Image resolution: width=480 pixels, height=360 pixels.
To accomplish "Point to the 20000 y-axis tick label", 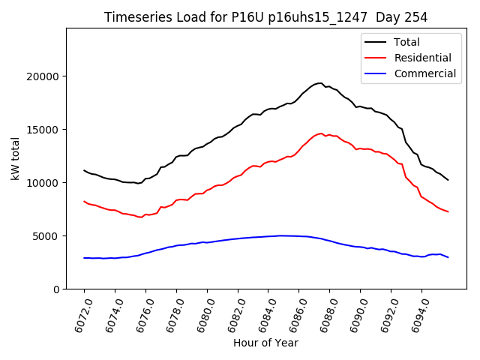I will pos(43,76).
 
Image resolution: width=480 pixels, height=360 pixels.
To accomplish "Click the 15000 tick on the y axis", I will pos(43,130).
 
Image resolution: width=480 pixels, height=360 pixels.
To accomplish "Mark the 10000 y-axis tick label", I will pos(43,183).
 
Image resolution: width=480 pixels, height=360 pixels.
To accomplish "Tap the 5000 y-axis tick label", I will pos(46,236).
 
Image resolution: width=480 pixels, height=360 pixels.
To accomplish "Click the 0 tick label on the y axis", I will pos(56,289).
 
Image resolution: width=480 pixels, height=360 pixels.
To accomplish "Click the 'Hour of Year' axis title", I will pos(265,343).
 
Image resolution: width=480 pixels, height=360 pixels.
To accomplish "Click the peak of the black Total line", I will pos(320,82).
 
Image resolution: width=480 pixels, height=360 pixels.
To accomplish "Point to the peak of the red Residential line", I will pos(322,133).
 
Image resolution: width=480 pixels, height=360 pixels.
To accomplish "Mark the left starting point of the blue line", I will pos(84,258).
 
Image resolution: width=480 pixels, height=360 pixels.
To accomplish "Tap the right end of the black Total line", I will pos(448,180).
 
